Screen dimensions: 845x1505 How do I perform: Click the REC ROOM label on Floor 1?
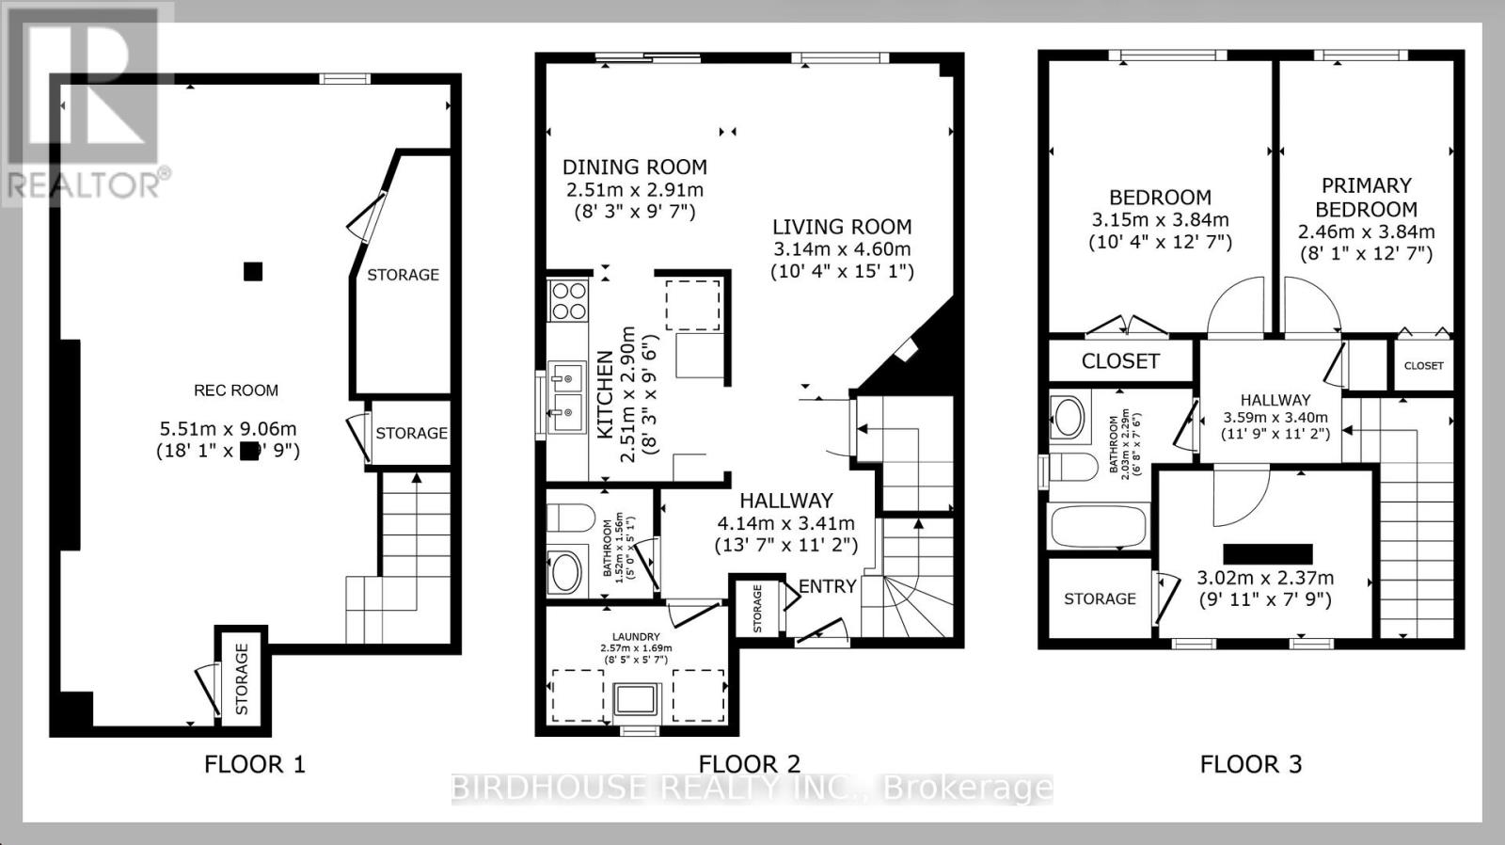coord(235,390)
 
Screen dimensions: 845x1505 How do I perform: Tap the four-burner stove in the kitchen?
coord(568,300)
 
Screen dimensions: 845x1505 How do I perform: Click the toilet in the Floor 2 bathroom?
coord(571,518)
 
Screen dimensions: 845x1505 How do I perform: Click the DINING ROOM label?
coord(634,167)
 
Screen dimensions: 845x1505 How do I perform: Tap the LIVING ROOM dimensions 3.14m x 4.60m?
coord(841,249)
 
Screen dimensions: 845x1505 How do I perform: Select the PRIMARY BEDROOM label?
coord(1366,198)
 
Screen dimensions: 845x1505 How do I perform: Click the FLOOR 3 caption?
coord(1250,764)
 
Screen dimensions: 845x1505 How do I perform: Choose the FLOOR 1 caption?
coord(255,764)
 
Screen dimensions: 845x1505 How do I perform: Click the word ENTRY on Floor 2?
coord(827,586)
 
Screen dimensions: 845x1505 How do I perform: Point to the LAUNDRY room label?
coord(636,637)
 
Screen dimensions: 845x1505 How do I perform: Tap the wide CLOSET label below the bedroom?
coord(1119,360)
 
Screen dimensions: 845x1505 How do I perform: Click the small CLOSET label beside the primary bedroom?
coord(1422,366)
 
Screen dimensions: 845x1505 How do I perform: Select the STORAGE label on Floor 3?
coord(1100,598)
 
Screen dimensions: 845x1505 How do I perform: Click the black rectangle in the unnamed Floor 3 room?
coord(1267,553)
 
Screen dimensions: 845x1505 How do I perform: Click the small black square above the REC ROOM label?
coord(252,272)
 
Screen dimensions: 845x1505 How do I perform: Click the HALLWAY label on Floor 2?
coord(785,501)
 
